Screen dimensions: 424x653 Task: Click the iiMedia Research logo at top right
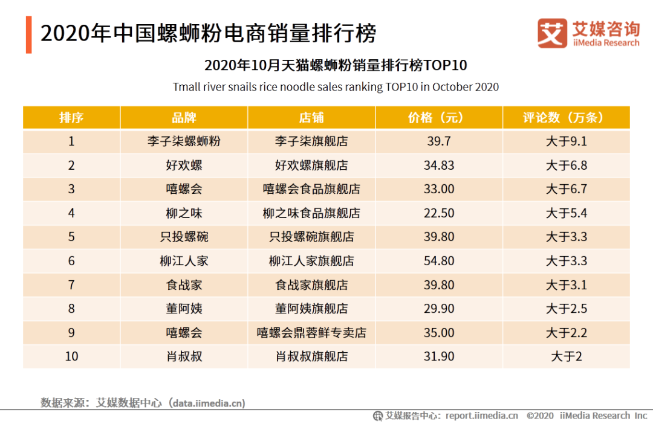tap(588, 34)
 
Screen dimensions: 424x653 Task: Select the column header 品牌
tap(184, 117)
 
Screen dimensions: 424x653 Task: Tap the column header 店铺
tap(311, 117)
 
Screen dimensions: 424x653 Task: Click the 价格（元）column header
tap(439, 117)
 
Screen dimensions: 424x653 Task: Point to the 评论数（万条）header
tap(567, 117)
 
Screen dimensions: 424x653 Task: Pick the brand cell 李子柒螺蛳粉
tap(184, 141)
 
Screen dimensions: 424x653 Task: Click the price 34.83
tap(439, 165)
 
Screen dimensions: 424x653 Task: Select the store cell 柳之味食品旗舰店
tap(311, 213)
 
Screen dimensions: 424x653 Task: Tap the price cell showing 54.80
tap(439, 261)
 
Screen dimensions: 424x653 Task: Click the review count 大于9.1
tap(567, 141)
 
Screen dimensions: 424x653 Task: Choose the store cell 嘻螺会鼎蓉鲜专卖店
tap(311, 333)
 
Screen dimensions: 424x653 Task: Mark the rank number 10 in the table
tap(71, 356)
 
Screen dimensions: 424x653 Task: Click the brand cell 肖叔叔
tap(184, 356)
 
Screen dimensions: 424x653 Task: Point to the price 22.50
tap(439, 213)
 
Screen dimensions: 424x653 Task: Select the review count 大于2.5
tap(567, 309)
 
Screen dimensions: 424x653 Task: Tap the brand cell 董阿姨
tap(184, 309)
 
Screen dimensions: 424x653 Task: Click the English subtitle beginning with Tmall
tap(336, 87)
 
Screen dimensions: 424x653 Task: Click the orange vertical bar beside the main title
tap(28, 34)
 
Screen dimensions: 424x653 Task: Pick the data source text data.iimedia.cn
tap(209, 403)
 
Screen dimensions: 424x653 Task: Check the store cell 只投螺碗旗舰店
tap(311, 237)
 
